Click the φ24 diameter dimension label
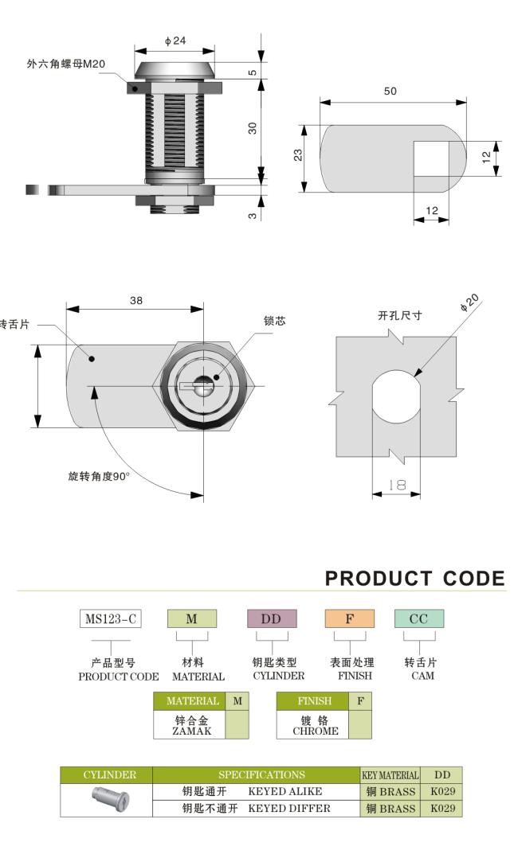[x=175, y=41]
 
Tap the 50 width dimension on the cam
[x=390, y=92]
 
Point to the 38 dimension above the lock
[x=136, y=301]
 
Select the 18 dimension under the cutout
[x=396, y=484]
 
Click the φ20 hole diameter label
[x=470, y=303]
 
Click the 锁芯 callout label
[x=274, y=321]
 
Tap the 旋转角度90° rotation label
[x=98, y=477]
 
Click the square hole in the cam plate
[x=431, y=158]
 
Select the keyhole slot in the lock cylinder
[x=194, y=386]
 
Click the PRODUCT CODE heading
[x=414, y=579]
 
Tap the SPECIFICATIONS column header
[x=255, y=774]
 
